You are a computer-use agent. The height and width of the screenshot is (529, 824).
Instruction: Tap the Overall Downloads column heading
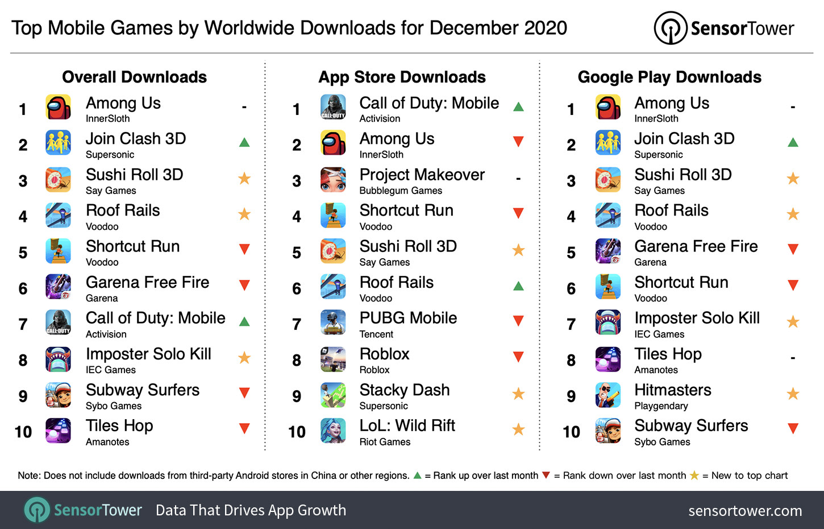pyautogui.click(x=134, y=77)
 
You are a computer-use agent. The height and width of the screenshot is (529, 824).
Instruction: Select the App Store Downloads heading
pyautogui.click(x=402, y=77)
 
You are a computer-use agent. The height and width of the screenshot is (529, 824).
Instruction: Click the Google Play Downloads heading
pyautogui.click(x=669, y=77)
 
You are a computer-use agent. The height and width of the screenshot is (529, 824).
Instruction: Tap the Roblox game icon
pyautogui.click(x=333, y=359)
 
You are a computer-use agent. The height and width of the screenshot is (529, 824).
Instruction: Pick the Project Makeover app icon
pyautogui.click(x=333, y=180)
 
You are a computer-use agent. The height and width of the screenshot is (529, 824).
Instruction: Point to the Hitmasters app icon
pyautogui.click(x=607, y=395)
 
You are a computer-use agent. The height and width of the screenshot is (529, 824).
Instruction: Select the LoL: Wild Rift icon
pyautogui.click(x=333, y=431)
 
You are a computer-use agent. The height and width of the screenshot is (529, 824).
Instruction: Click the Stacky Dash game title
pyautogui.click(x=404, y=390)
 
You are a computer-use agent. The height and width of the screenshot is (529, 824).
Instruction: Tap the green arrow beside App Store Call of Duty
pyautogui.click(x=518, y=107)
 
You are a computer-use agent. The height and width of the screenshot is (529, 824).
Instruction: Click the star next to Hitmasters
pyautogui.click(x=793, y=394)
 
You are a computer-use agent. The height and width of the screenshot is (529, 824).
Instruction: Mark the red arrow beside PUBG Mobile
pyautogui.click(x=518, y=321)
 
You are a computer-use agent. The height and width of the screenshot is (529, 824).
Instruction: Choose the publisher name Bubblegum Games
pyautogui.click(x=401, y=191)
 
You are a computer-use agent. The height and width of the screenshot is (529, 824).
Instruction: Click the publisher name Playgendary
pyautogui.click(x=661, y=406)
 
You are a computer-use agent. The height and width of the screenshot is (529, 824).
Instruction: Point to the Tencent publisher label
pyautogui.click(x=376, y=334)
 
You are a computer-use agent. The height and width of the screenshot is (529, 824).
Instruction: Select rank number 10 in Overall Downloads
pyautogui.click(x=23, y=432)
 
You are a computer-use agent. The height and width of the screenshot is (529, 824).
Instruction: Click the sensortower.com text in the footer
pyautogui.click(x=745, y=511)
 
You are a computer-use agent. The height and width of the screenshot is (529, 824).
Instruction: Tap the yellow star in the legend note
pyautogui.click(x=694, y=476)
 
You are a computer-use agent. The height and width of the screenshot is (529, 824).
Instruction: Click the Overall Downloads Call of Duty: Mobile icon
pyautogui.click(x=59, y=323)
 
